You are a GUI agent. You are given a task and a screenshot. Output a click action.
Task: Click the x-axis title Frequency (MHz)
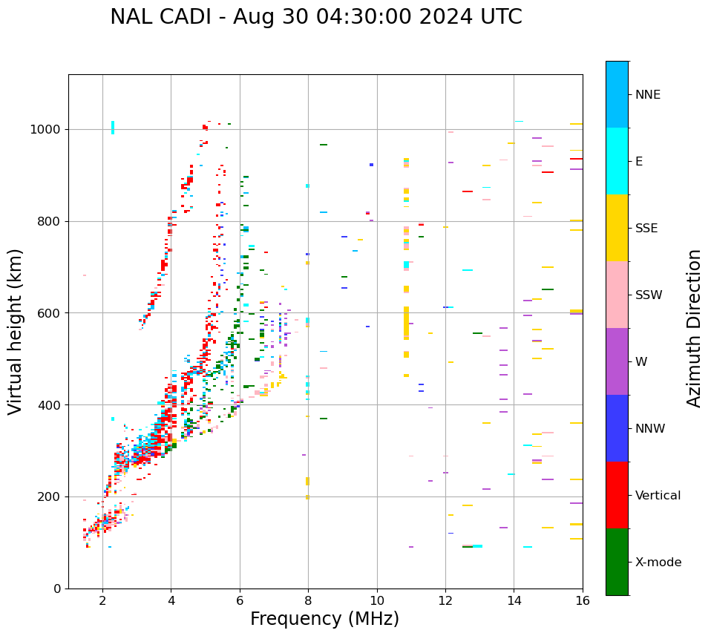click(324, 619)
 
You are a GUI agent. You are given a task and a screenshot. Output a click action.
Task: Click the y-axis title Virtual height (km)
click(16, 332)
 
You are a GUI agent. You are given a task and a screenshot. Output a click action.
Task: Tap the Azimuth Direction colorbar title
click(694, 328)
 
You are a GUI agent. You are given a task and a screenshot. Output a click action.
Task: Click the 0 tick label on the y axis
click(58, 589)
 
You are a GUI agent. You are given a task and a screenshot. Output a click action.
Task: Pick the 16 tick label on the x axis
click(583, 600)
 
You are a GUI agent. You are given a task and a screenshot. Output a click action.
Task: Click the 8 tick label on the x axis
click(308, 600)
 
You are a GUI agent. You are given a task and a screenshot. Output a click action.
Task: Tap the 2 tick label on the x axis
click(102, 600)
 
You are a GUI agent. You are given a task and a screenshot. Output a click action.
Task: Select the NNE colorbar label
click(647, 95)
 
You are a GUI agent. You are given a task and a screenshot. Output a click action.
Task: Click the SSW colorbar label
click(649, 295)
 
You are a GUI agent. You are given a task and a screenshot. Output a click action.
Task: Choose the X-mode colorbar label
click(658, 563)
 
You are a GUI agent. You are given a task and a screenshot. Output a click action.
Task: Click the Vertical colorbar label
click(658, 496)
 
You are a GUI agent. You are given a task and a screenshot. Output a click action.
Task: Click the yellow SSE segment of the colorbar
click(617, 228)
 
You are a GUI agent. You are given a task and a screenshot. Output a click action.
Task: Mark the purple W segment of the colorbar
click(617, 361)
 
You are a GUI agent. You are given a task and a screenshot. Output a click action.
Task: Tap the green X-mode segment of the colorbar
click(617, 562)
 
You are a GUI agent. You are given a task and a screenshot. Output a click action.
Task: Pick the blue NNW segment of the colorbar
click(617, 428)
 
